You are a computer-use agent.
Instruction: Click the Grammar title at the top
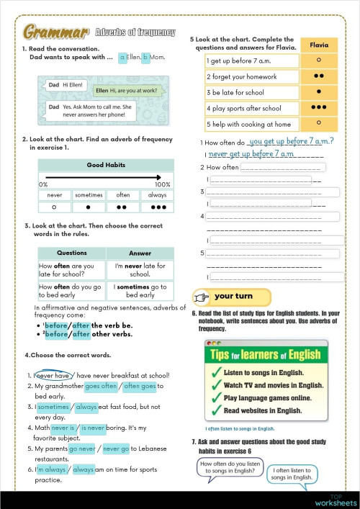coord(56,32)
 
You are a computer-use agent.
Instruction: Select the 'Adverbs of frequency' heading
coord(135,32)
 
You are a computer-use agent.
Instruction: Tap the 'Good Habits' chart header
coord(105,166)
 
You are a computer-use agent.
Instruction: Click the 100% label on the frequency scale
coord(163,185)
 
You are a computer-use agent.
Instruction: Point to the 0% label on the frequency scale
coord(44,185)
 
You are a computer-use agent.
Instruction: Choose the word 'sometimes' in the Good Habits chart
coord(89,195)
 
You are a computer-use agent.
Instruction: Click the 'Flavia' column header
coord(319,45)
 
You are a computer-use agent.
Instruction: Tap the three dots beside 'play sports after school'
coord(319,108)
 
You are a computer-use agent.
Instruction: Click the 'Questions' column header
coord(72,253)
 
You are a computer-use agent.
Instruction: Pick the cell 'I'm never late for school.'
coord(140,270)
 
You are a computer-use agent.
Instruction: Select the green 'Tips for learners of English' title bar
coord(264,354)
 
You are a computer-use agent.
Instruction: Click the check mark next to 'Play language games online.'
coord(213,397)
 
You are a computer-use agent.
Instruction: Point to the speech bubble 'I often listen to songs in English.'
coord(293,473)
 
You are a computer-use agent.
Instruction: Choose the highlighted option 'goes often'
coord(101,386)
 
